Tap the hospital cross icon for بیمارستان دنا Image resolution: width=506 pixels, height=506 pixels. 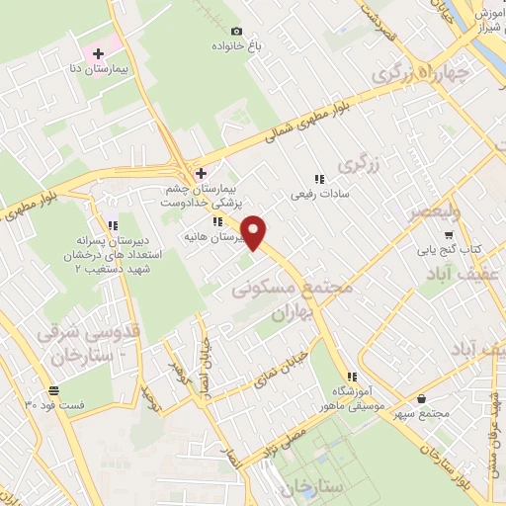tap(98, 51)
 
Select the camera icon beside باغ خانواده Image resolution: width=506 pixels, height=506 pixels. tap(236, 31)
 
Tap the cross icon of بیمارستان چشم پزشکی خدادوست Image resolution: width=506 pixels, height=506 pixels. tap(202, 172)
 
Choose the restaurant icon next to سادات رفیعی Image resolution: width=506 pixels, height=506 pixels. tap(318, 179)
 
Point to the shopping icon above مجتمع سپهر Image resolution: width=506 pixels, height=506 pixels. tap(423, 398)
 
